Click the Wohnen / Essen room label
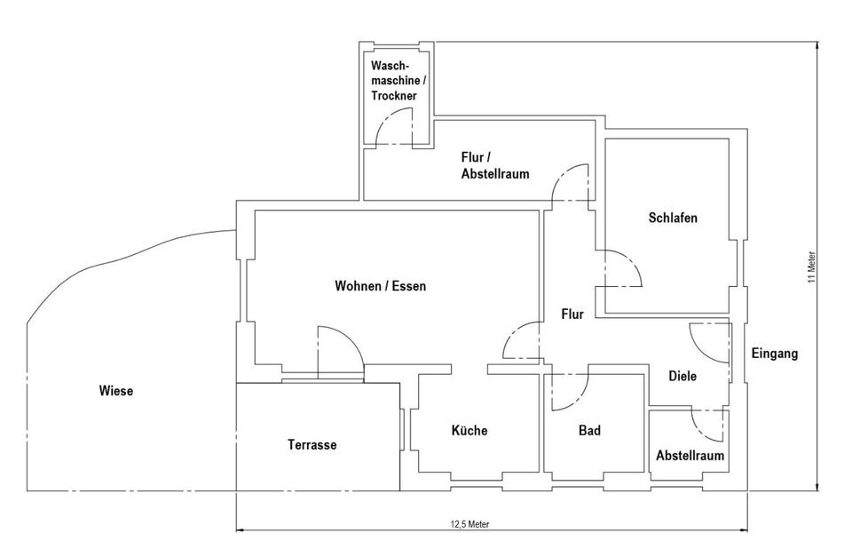pyautogui.click(x=380, y=286)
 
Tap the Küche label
pyautogui.click(x=469, y=430)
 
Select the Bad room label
pyautogui.click(x=589, y=431)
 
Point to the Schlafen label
pyautogui.click(x=672, y=218)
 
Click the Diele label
pyautogui.click(x=682, y=376)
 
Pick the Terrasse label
pyautogui.click(x=312, y=445)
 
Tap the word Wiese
pyautogui.click(x=116, y=390)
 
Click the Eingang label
pyautogui.click(x=775, y=353)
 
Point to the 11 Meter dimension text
pyautogui.click(x=811, y=267)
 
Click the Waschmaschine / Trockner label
pyautogui.click(x=398, y=80)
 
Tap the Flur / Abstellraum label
pyautogui.click(x=494, y=165)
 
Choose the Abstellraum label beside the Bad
pyautogui.click(x=690, y=456)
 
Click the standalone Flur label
pyautogui.click(x=572, y=314)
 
